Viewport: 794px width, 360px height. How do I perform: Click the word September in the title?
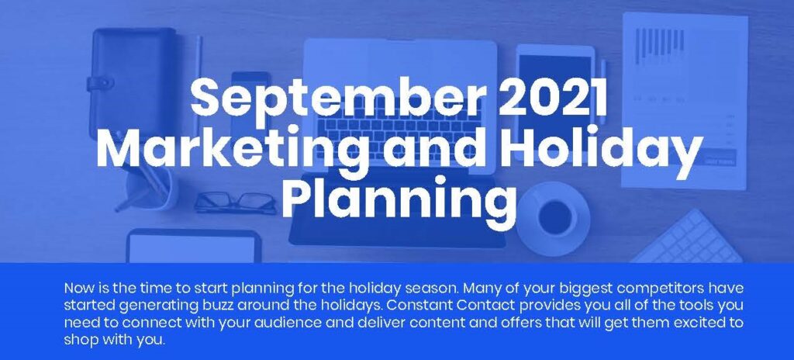click(335, 100)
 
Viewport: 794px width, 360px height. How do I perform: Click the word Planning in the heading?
click(399, 199)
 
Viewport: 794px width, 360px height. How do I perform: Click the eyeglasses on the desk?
click(235, 202)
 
